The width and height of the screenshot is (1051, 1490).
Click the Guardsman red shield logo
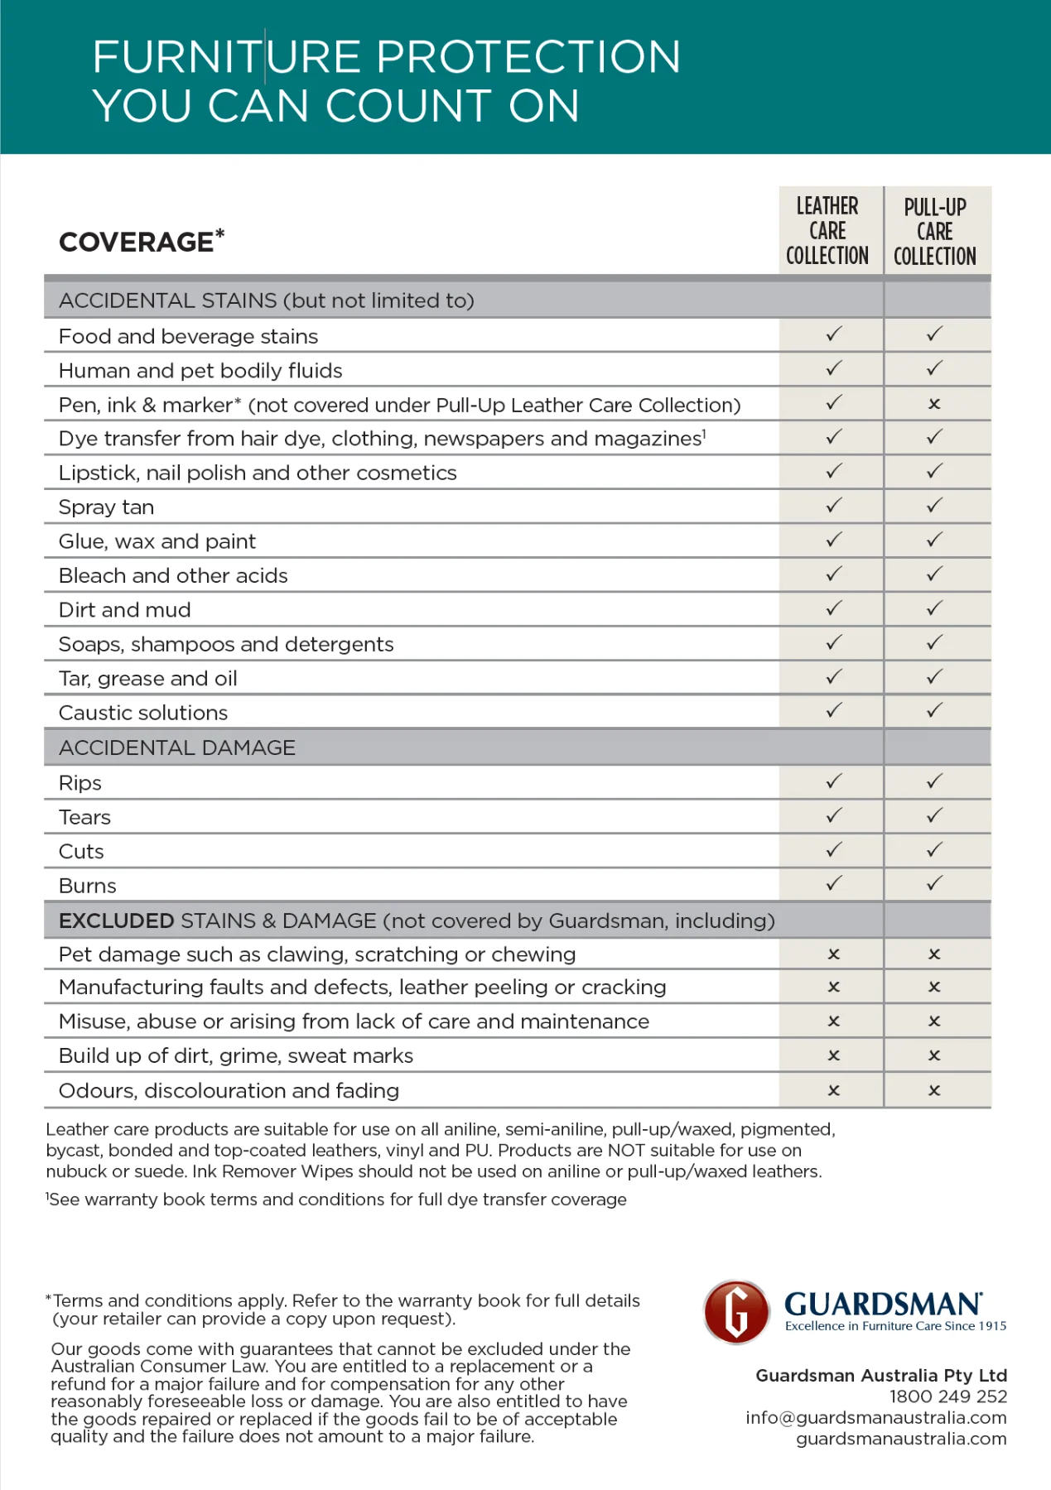pos(736,1312)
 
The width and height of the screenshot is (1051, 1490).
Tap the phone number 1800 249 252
pos(947,1396)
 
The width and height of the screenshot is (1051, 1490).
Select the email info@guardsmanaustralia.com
pos(875,1417)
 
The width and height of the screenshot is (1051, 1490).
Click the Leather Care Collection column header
pos(827,231)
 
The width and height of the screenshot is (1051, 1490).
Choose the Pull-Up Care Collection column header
pos(934,232)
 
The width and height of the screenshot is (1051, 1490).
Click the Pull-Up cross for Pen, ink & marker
pos(934,404)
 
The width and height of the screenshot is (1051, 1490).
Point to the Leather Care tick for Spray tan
pos(834,505)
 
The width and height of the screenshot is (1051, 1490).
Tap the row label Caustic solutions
pos(143,713)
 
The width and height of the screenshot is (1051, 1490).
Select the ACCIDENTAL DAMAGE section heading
pos(177,747)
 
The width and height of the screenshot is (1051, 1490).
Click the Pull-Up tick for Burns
pos(934,884)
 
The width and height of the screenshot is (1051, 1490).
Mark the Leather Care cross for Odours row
pos(834,1091)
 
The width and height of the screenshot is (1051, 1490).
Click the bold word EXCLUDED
pos(117,920)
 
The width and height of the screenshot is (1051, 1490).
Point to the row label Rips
pos(80,783)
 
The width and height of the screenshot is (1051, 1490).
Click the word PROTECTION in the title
pos(528,57)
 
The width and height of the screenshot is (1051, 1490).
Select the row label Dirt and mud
pos(125,610)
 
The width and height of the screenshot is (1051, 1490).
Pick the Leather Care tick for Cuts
pos(834,850)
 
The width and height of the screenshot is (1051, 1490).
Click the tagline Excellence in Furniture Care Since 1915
pos(895,1326)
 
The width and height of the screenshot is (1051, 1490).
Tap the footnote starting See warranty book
pos(336,1199)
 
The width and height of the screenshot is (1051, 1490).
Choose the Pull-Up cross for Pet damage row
pos(934,954)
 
